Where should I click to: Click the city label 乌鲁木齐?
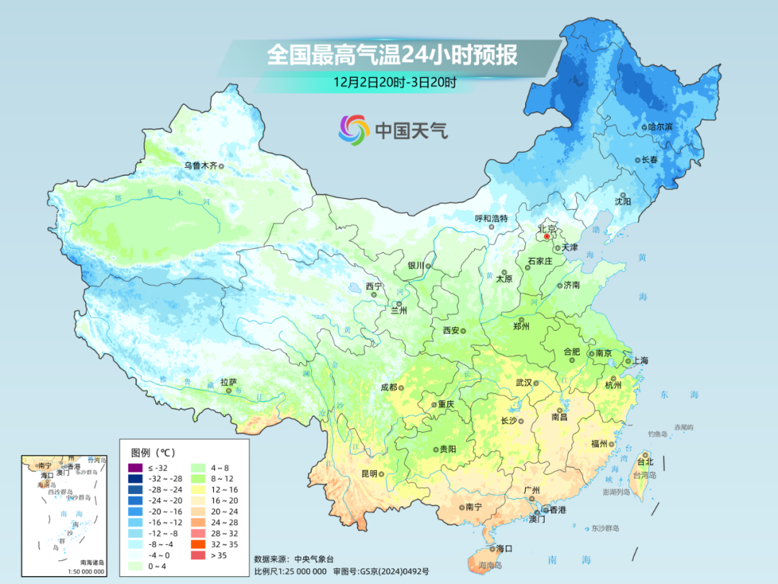pos(200,165)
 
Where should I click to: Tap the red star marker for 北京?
pos(547,236)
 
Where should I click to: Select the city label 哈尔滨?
pos(660,126)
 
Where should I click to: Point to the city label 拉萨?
pos(228,382)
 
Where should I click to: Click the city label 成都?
pos(388,386)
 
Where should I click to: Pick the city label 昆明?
pos(369,474)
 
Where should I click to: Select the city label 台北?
pos(645,461)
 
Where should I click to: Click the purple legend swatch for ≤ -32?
pos(135,469)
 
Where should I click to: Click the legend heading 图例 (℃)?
pos(153,453)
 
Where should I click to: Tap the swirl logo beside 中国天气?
pos(354,130)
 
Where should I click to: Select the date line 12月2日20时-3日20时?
pos(394,82)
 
